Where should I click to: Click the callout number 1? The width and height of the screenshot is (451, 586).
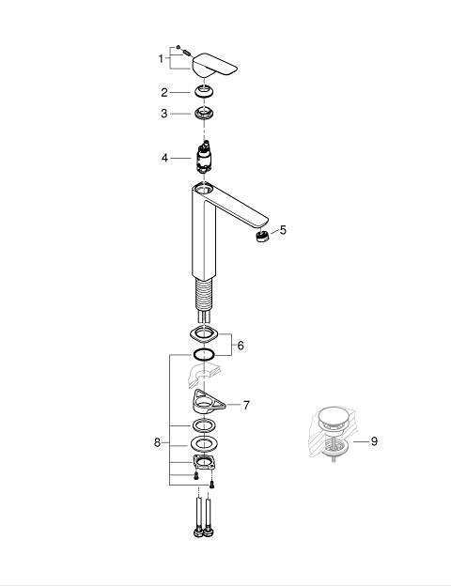pyautogui.click(x=161, y=59)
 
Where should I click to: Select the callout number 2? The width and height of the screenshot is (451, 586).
pyautogui.click(x=164, y=93)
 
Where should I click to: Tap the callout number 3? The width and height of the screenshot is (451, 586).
pyautogui.click(x=164, y=114)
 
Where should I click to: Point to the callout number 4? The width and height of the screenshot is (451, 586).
pyautogui.click(x=164, y=158)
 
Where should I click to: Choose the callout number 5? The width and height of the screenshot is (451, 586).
pyautogui.click(x=283, y=230)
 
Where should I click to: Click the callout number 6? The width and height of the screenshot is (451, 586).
pyautogui.click(x=241, y=346)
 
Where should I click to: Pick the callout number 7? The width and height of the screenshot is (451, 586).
pyautogui.click(x=246, y=405)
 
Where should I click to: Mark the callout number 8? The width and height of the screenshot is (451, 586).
pyautogui.click(x=158, y=443)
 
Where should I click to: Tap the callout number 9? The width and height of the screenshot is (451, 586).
pyautogui.click(x=374, y=441)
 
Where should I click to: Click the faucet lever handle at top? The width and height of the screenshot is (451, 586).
pyautogui.click(x=214, y=66)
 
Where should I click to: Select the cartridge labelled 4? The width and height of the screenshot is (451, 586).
pyautogui.click(x=204, y=157)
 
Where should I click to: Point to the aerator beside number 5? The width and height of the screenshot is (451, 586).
pyautogui.click(x=262, y=237)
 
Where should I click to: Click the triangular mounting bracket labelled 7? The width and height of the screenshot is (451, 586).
pyautogui.click(x=207, y=401)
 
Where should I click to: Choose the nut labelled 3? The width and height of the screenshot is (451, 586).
pyautogui.click(x=204, y=113)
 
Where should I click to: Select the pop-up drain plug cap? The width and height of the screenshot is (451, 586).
pyautogui.click(x=334, y=416)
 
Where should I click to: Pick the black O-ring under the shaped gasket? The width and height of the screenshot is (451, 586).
pyautogui.click(x=204, y=354)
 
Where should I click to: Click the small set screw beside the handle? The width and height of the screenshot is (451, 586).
pyautogui.click(x=187, y=53)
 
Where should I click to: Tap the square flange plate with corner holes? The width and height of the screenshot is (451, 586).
pyautogui.click(x=204, y=463)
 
